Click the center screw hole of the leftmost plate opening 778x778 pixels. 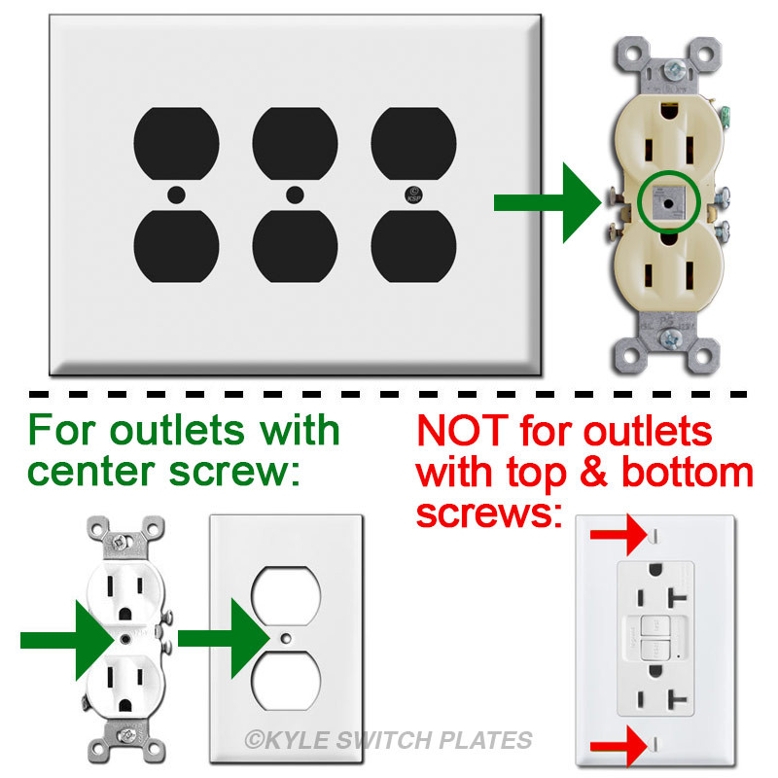(x=176, y=194)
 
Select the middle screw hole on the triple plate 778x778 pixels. (x=294, y=194)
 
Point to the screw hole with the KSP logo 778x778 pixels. (x=413, y=194)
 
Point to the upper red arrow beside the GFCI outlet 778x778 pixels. (x=619, y=534)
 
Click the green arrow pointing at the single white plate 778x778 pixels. (x=224, y=638)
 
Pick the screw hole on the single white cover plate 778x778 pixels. (x=286, y=638)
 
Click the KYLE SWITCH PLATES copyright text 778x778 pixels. (x=388, y=741)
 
